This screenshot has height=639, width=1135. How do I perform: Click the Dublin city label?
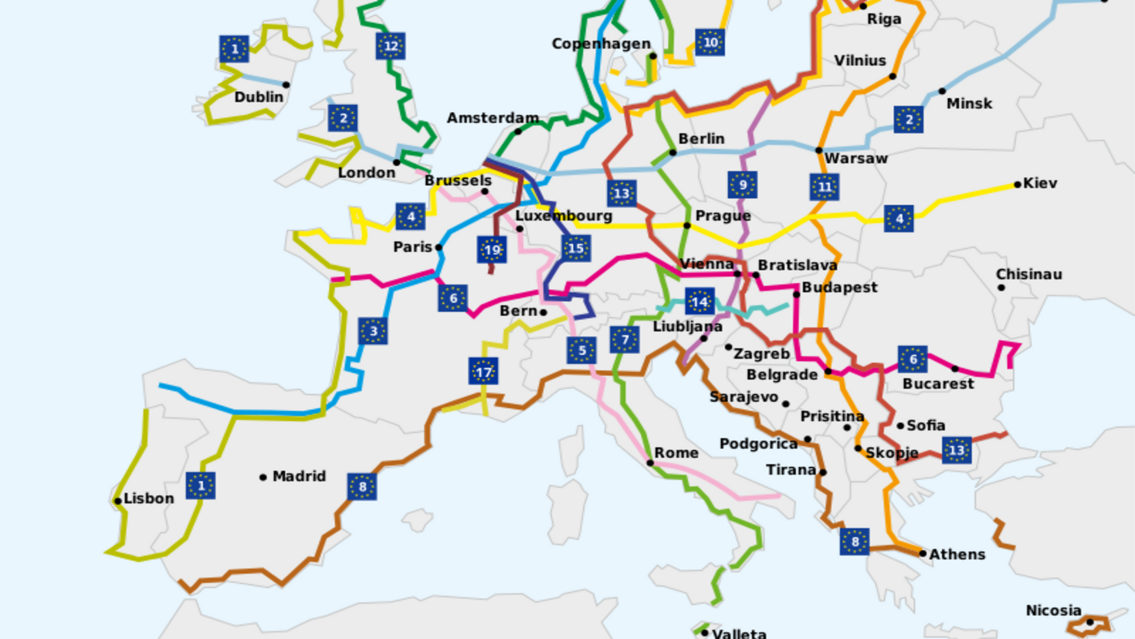(x=258, y=97)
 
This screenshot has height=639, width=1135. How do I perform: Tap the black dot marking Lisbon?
(x=118, y=501)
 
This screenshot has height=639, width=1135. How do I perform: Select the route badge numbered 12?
(x=390, y=46)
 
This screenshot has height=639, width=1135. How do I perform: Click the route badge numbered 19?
(x=492, y=250)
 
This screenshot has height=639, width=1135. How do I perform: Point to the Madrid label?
(x=299, y=476)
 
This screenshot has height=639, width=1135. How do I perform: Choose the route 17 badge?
(x=483, y=372)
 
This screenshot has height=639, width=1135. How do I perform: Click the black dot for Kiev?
(x=1017, y=185)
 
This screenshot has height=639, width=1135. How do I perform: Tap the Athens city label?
(x=957, y=554)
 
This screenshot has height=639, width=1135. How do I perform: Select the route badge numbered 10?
(x=710, y=42)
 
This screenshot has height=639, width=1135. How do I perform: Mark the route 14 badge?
(x=700, y=302)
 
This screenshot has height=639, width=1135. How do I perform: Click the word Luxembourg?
(x=563, y=216)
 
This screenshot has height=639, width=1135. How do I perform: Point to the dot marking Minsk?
(x=942, y=91)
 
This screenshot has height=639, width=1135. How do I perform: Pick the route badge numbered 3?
(x=373, y=331)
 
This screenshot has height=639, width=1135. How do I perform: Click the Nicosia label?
(x=1053, y=610)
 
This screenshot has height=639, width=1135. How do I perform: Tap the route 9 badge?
(x=742, y=185)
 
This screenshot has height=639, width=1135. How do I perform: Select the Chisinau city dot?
(x=1001, y=288)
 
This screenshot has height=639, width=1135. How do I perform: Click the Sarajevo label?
(x=744, y=397)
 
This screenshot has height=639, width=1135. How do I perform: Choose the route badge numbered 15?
(x=576, y=248)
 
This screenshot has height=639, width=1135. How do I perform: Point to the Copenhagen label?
(x=601, y=44)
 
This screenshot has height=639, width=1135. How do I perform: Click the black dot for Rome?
(x=650, y=463)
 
